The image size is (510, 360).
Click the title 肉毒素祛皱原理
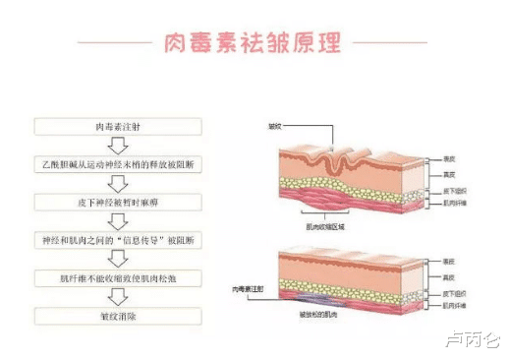tap(255, 43)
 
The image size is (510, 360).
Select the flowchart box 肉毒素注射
tap(118, 128)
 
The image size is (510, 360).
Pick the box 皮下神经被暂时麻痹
tap(118, 202)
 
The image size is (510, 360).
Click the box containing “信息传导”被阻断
tap(118, 240)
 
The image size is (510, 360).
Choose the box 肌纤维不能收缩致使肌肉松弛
tap(118, 277)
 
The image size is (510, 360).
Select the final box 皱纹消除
tap(118, 315)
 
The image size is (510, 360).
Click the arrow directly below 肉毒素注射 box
tap(118, 146)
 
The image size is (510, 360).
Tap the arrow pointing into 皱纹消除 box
tap(118, 296)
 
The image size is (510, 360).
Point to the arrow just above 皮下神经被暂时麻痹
tap(118, 183)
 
